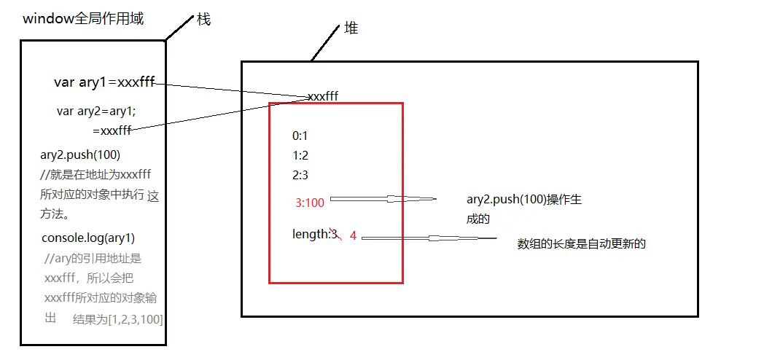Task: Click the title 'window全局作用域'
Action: click(x=83, y=19)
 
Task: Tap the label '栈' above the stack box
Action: click(x=203, y=20)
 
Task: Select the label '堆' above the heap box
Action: click(x=351, y=30)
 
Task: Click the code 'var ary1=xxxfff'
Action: click(x=104, y=82)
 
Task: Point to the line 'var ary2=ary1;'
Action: click(x=96, y=111)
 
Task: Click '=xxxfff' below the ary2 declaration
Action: click(x=112, y=130)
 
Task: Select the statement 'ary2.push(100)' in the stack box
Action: click(x=80, y=154)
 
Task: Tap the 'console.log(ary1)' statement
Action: click(x=88, y=238)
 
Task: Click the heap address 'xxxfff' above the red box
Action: click(x=323, y=96)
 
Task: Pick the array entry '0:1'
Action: click(x=300, y=136)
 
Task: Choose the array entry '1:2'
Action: click(x=300, y=155)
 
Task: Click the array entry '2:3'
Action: click(x=300, y=175)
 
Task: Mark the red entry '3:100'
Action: click(x=309, y=203)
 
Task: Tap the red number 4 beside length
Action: click(x=353, y=236)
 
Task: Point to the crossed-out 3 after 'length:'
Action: click(x=334, y=234)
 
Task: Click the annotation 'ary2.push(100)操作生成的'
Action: click(x=523, y=208)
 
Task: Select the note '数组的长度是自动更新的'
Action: click(x=581, y=244)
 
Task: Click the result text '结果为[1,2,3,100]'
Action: click(x=118, y=319)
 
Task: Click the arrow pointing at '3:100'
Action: click(x=383, y=199)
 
